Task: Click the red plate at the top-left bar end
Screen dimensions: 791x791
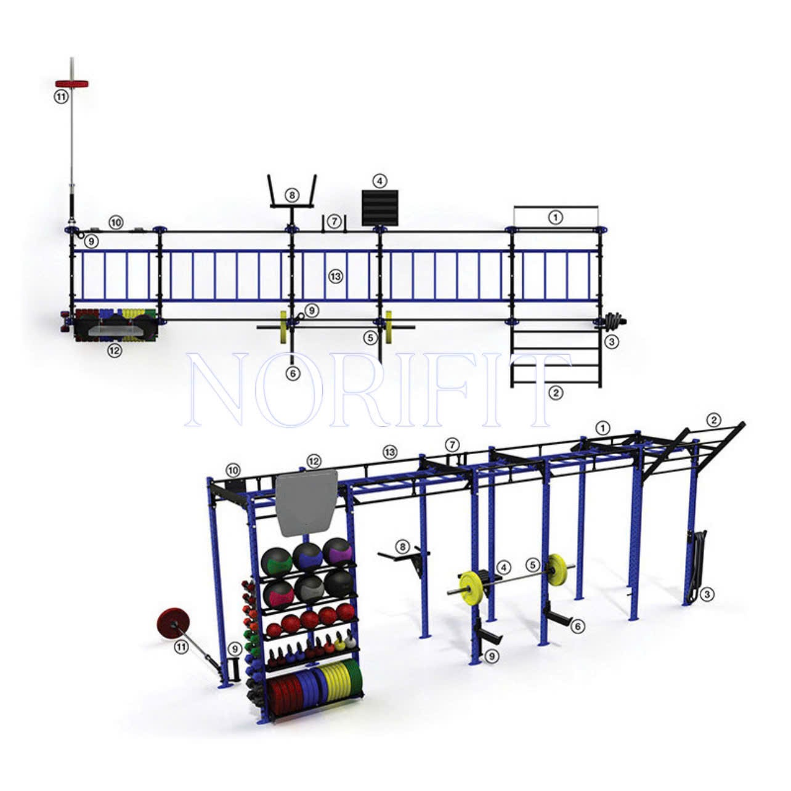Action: pyautogui.click(x=72, y=84)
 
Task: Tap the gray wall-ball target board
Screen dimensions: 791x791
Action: pyautogui.click(x=306, y=504)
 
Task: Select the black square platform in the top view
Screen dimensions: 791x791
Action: pyautogui.click(x=379, y=207)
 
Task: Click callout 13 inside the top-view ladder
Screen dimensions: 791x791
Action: pyautogui.click(x=336, y=277)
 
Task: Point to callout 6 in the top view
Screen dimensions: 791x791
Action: pyautogui.click(x=293, y=373)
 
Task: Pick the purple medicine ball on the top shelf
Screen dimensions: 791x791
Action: pyautogui.click(x=338, y=553)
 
